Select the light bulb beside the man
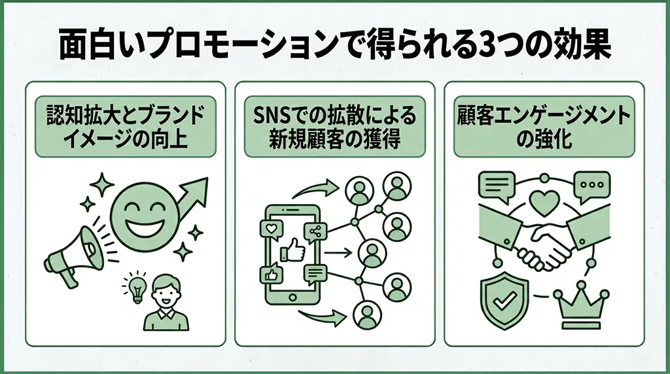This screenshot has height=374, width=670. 137,288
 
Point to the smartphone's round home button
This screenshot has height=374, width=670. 292,297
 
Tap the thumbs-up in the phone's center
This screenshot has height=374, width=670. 293,250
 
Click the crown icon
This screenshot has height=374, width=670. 581,305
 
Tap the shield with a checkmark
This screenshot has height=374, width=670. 504,301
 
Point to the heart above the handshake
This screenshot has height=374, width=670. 544,201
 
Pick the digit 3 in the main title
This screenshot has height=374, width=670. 487,48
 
